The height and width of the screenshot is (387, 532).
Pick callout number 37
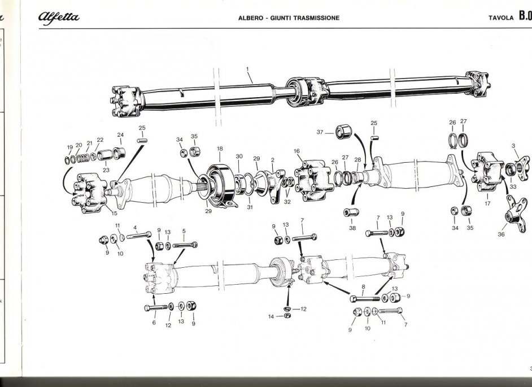(320, 132)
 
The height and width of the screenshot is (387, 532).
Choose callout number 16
(296, 151)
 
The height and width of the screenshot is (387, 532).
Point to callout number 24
(120, 134)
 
